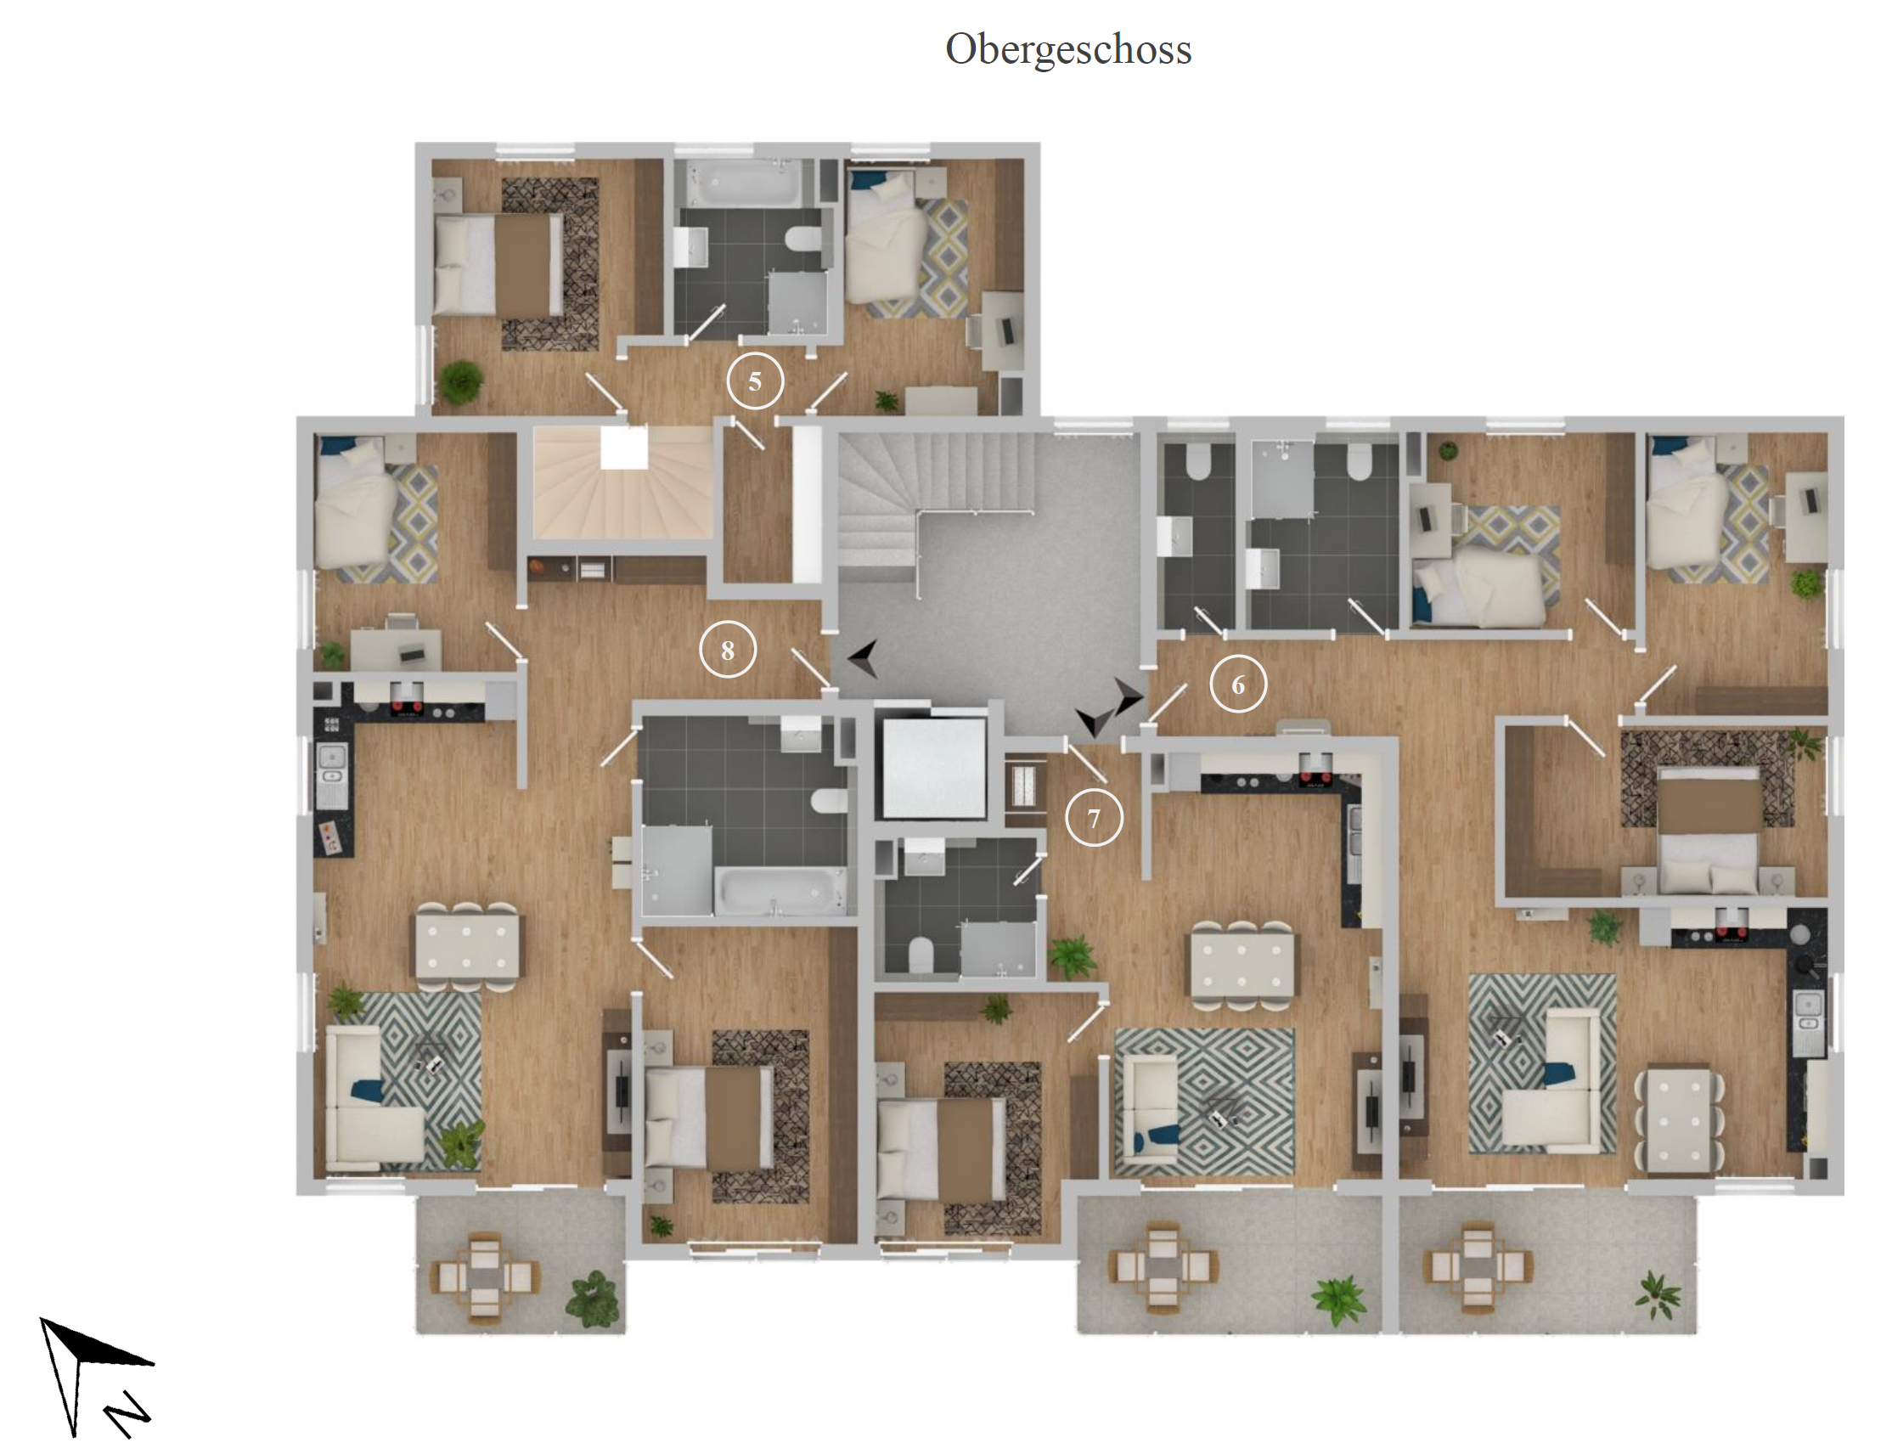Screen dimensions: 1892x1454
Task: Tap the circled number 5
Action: pyautogui.click(x=754, y=380)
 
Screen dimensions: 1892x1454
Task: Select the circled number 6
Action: pyautogui.click(x=1237, y=685)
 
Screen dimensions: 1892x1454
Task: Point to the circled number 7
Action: pyautogui.click(x=1094, y=818)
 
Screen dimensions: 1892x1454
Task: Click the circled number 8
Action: pyautogui.click(x=728, y=650)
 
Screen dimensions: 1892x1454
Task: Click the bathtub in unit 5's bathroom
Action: pyautogui.click(x=743, y=183)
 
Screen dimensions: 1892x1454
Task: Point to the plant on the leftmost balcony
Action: pyautogui.click(x=593, y=1299)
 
